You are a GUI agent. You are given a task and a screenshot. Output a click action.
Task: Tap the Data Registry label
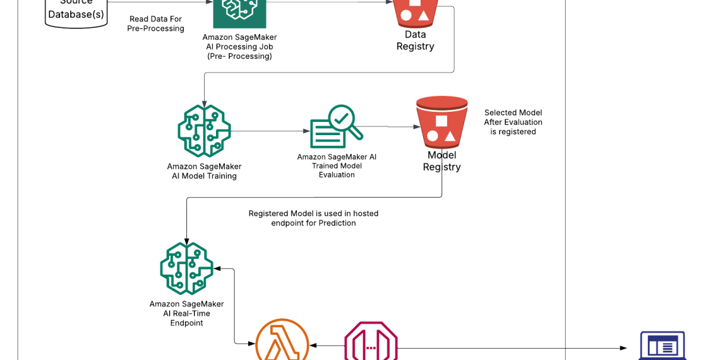coord(415,40)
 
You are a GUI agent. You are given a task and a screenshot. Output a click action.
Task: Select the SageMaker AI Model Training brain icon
coord(204,131)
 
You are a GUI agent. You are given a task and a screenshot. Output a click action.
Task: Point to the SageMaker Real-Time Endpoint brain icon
coord(186,268)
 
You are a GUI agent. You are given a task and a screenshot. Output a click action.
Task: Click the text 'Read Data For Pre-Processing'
coord(155,24)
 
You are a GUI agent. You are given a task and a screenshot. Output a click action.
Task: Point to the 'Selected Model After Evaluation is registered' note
coord(513,122)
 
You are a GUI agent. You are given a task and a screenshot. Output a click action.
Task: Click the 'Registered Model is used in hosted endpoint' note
coord(313,218)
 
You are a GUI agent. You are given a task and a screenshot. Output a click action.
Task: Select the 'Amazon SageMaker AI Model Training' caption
coord(204,171)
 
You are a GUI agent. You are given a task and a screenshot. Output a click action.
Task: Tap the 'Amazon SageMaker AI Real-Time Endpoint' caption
coord(186,313)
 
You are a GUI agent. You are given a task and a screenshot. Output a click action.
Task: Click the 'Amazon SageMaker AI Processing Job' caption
coord(239,47)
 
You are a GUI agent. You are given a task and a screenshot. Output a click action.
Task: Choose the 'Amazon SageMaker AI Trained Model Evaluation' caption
coord(337,165)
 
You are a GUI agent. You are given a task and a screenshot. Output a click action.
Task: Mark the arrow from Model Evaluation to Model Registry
coord(392,127)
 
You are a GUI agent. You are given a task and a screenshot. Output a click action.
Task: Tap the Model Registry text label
coord(441,161)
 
